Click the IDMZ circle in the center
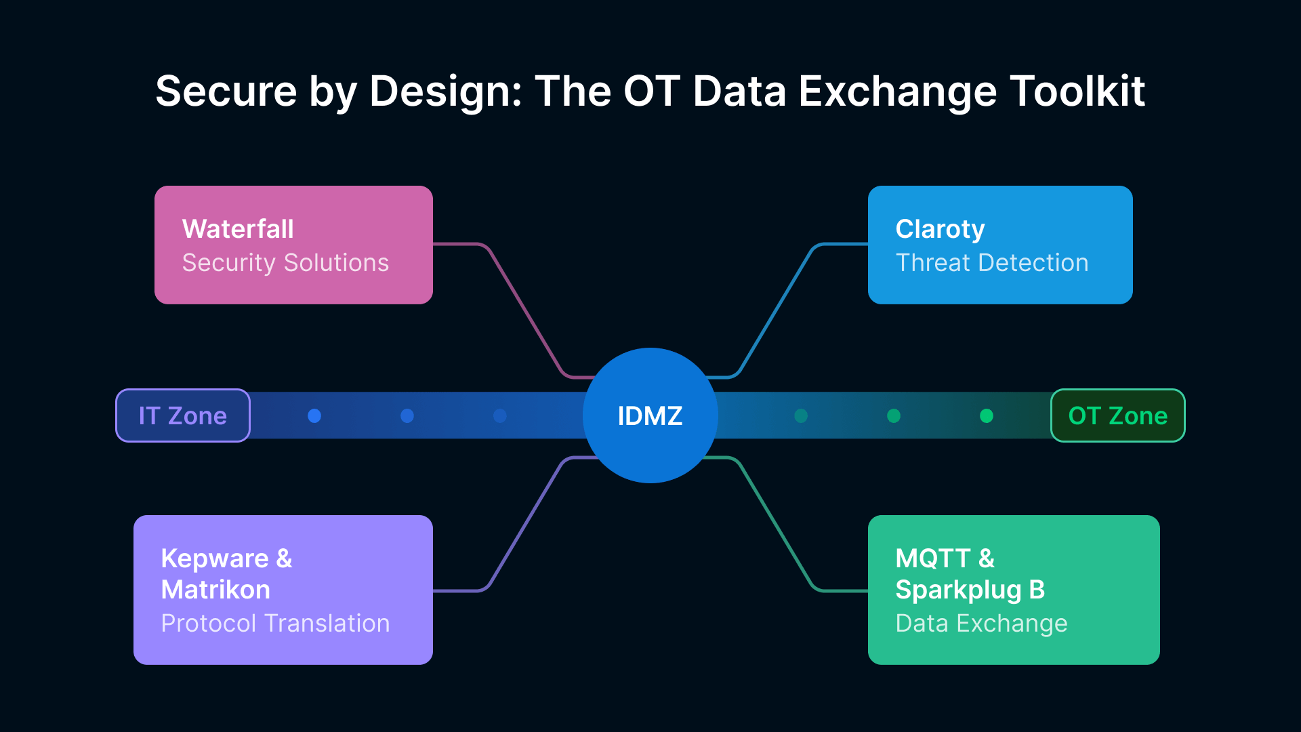tap(650, 415)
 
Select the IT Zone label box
tap(183, 415)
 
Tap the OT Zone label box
tap(1117, 415)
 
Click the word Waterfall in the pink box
tap(238, 229)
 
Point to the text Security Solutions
tap(285, 263)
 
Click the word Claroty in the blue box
tap(940, 229)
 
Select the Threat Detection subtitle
tap(992, 263)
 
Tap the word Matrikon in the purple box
tap(215, 590)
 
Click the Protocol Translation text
tap(275, 624)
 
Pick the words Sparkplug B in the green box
tap(970, 590)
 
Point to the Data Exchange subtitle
tap(981, 624)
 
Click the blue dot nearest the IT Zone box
tap(314, 415)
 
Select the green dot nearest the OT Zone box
tap(987, 415)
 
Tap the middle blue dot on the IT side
tap(407, 415)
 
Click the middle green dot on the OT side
tap(894, 415)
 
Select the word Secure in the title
tap(226, 91)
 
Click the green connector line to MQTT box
tap(775, 525)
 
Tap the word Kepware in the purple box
tap(215, 558)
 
